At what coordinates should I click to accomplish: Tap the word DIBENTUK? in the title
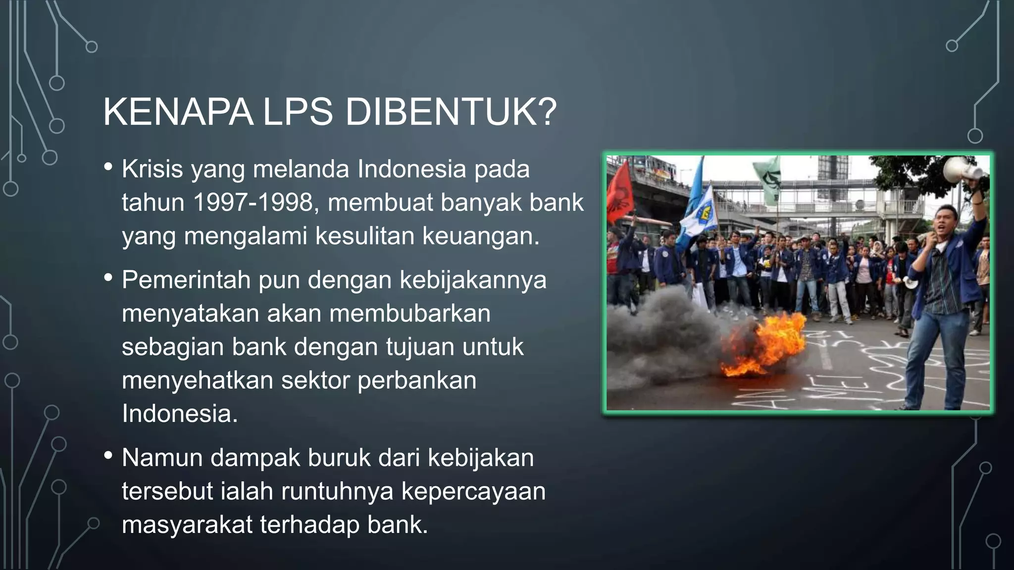(x=451, y=113)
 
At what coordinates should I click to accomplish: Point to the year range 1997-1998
(x=253, y=202)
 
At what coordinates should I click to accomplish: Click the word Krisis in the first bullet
(x=152, y=169)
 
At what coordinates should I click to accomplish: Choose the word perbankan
(x=417, y=380)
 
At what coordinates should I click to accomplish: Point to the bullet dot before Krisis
(x=108, y=167)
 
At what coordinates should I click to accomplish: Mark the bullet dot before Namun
(x=108, y=456)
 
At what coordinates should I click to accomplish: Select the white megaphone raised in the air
(x=961, y=171)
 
